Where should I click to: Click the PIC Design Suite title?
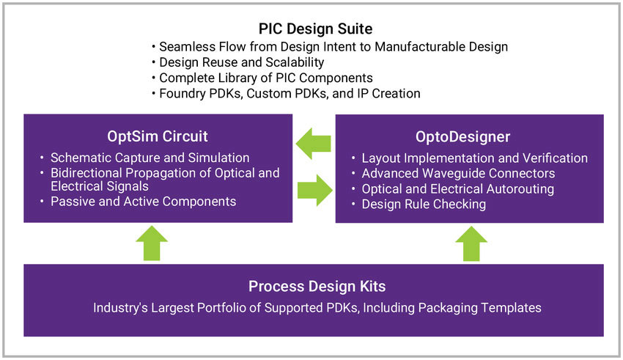(315, 29)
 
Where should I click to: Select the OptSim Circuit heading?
(158, 136)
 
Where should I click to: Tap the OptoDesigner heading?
(469, 136)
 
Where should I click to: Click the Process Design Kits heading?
(316, 286)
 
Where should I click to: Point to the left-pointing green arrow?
(313, 144)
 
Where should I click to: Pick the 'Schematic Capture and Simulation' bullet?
(150, 158)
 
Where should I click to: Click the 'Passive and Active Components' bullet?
(143, 201)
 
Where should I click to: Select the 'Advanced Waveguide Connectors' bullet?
(458, 174)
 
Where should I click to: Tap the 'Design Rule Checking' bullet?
(424, 204)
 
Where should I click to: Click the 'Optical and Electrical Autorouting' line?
(457, 189)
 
